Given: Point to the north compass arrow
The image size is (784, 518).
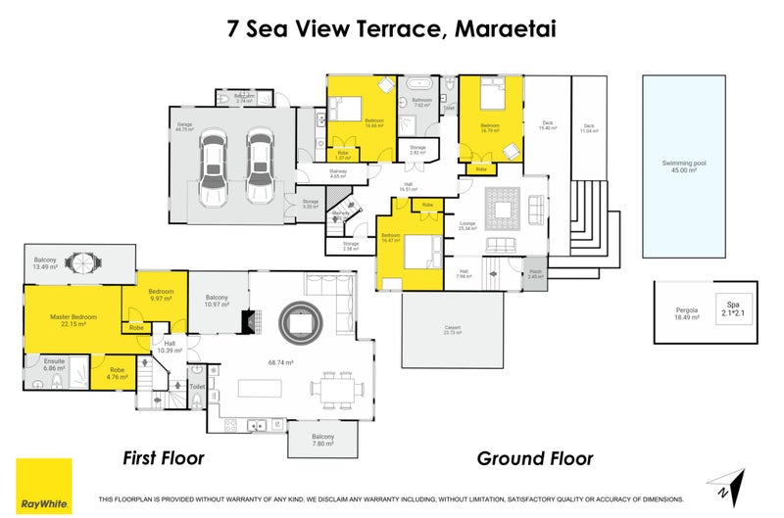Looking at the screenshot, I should (x=722, y=483).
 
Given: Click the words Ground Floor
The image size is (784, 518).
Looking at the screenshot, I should (x=534, y=458).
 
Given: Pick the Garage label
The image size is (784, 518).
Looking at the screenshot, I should (x=183, y=126).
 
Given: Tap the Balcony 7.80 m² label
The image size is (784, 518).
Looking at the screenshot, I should (x=323, y=440).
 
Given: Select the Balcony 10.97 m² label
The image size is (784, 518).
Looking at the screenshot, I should (x=216, y=301).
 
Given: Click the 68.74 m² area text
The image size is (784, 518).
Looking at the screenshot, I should (x=282, y=362).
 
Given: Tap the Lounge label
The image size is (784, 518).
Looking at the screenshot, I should (x=467, y=226).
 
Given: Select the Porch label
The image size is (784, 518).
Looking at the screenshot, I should (x=535, y=275).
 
